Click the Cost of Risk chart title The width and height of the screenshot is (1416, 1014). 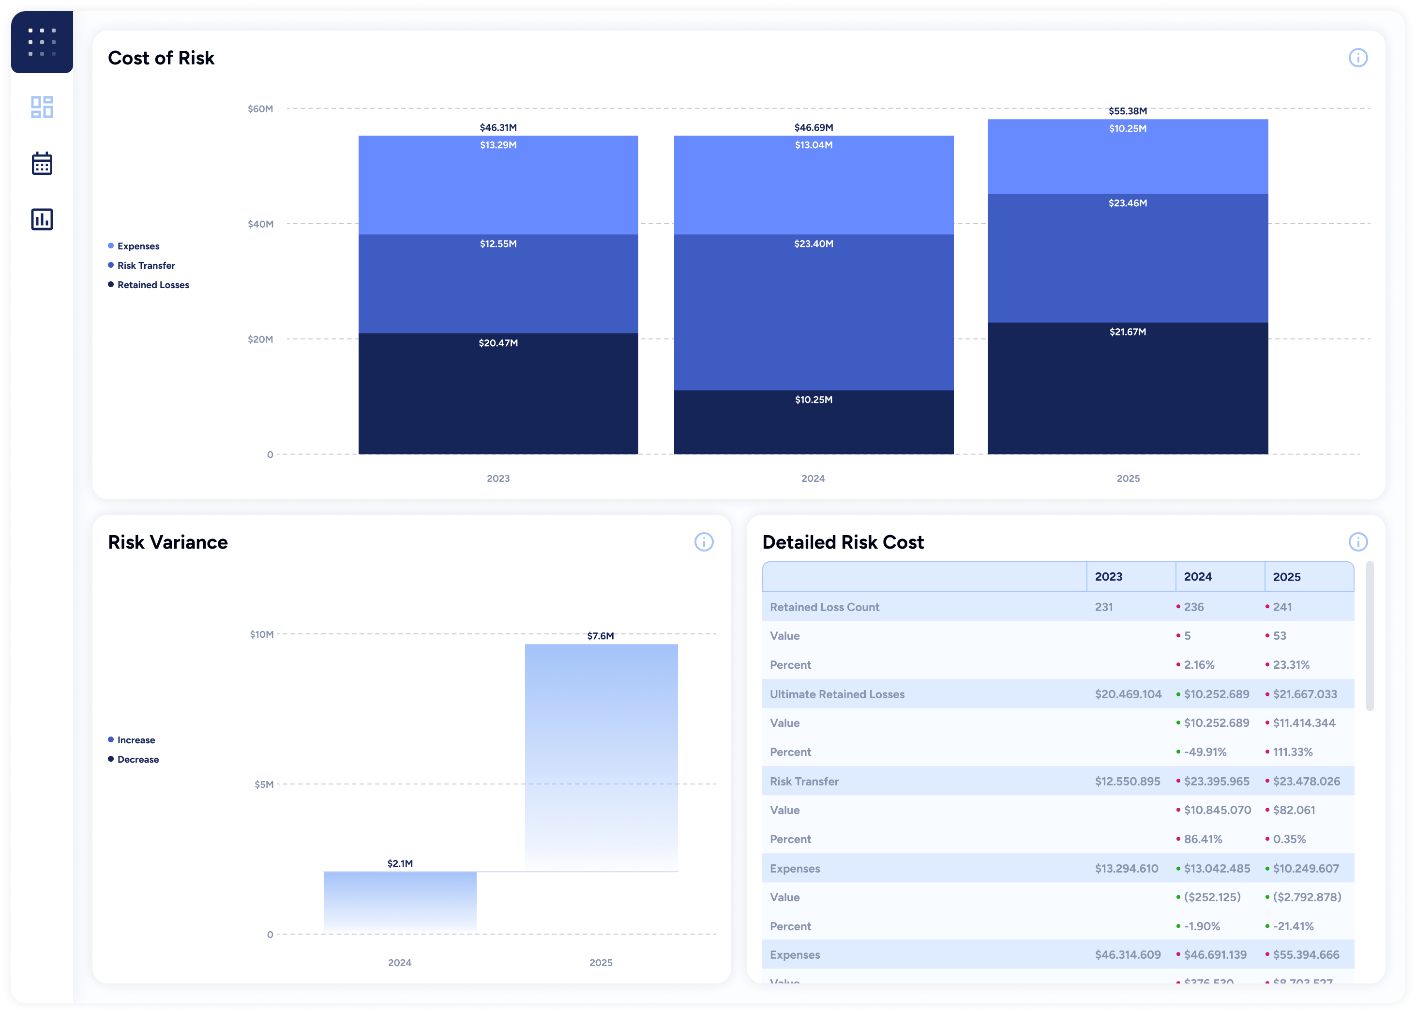[161, 58]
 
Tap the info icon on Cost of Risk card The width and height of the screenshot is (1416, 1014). [1357, 58]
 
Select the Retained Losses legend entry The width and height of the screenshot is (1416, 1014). [153, 285]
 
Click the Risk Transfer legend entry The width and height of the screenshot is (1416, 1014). [146, 265]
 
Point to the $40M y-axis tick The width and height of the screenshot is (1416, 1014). [260, 224]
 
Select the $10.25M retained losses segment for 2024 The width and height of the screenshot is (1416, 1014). [813, 422]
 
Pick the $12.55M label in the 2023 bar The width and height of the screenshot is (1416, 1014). [498, 244]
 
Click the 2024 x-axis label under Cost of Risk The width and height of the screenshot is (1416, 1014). [813, 478]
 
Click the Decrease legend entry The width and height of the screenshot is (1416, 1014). [138, 759]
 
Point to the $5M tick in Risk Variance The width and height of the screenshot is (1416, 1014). [263, 784]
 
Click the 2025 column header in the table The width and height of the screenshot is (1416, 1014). [1286, 577]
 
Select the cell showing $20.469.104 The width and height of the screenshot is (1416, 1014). [1128, 694]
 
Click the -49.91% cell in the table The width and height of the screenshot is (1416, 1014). [1205, 752]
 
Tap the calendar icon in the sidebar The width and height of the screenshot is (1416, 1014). [42, 164]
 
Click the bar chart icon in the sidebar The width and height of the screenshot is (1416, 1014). [42, 219]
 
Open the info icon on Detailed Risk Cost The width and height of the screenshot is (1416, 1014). [1357, 542]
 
